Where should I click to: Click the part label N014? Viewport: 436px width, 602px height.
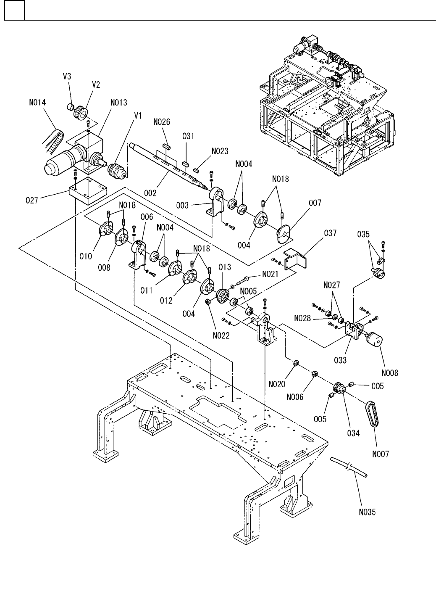click(38, 102)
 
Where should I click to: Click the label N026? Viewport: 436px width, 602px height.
click(161, 122)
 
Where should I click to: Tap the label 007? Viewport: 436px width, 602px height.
click(315, 203)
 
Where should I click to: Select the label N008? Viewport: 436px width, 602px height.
click(390, 372)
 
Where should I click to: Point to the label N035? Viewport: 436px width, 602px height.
click(368, 512)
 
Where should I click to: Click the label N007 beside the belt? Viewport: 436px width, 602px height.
click(381, 454)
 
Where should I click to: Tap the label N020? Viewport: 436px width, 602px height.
click(277, 383)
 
